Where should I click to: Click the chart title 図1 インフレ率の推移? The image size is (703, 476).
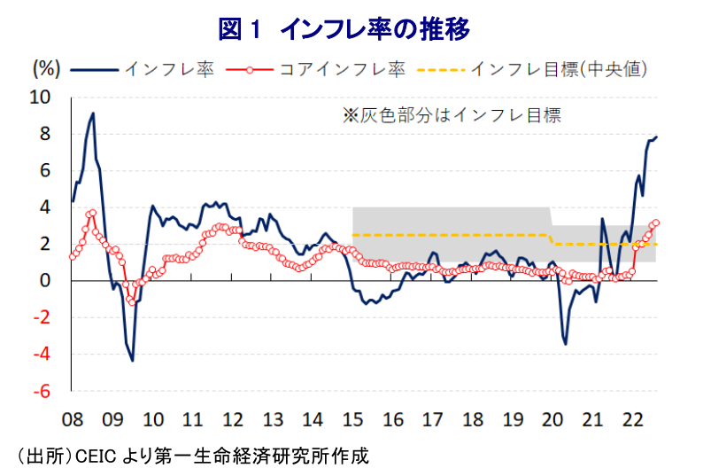click(344, 29)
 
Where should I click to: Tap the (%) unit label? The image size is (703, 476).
click(46, 69)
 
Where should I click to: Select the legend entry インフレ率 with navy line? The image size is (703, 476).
click(143, 70)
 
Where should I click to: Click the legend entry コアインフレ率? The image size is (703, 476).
click(315, 70)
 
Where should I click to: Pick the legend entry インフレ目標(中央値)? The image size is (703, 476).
click(532, 70)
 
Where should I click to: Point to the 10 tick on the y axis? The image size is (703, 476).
click(41, 97)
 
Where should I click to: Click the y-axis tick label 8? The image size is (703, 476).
click(45, 134)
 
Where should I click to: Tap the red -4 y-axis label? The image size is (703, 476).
click(42, 355)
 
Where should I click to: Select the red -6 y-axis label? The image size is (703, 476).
click(42, 391)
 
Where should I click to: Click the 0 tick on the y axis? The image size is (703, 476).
click(45, 281)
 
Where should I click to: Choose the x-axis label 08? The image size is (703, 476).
click(73, 420)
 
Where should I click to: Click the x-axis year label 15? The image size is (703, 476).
click(353, 420)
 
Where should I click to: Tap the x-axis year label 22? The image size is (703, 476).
click(632, 420)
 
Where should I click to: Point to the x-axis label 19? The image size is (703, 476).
click(513, 420)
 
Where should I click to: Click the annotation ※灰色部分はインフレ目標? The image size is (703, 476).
click(452, 115)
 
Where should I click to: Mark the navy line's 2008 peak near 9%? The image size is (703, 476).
click(93, 113)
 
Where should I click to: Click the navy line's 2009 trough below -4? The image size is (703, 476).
click(132, 360)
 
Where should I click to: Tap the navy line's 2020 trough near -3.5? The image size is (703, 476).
click(566, 344)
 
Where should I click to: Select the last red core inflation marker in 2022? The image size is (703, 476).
click(656, 222)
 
